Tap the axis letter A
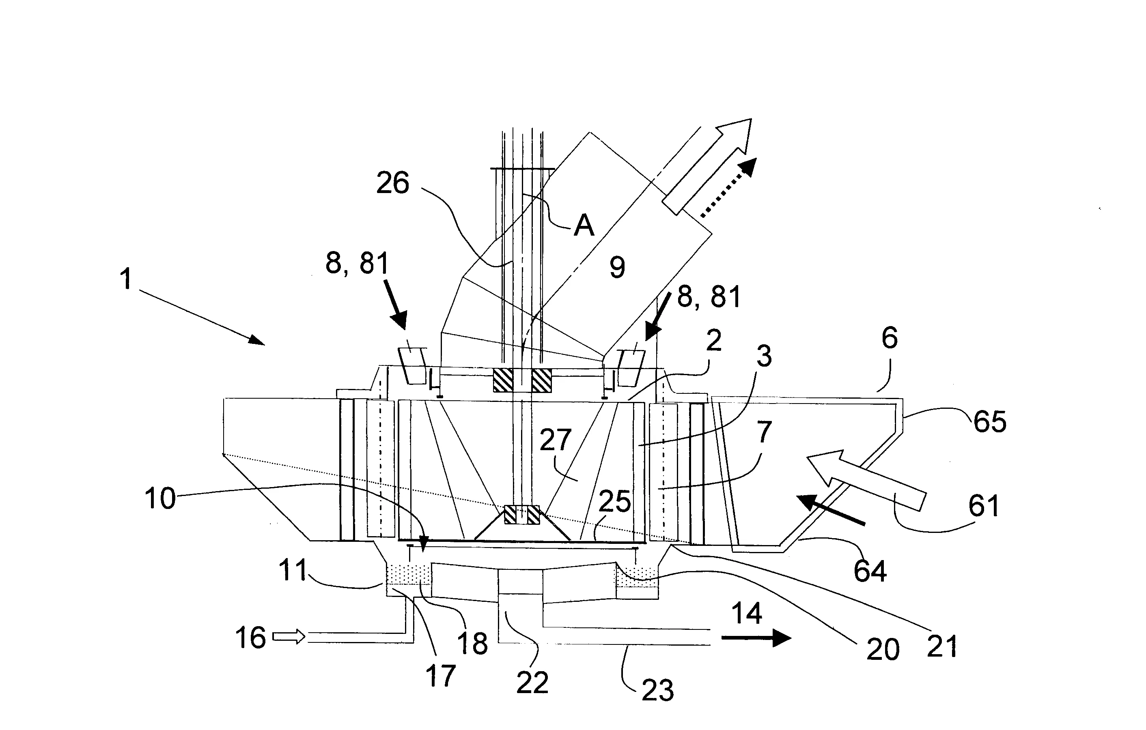pos(584,225)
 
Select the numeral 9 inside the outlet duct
pos(617,267)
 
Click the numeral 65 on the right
pos(989,421)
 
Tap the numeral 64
pos(870,571)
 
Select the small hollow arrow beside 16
pos(289,636)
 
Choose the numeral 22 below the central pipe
pos(532,683)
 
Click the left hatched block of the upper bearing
pos(503,381)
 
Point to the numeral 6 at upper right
pos(889,338)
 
